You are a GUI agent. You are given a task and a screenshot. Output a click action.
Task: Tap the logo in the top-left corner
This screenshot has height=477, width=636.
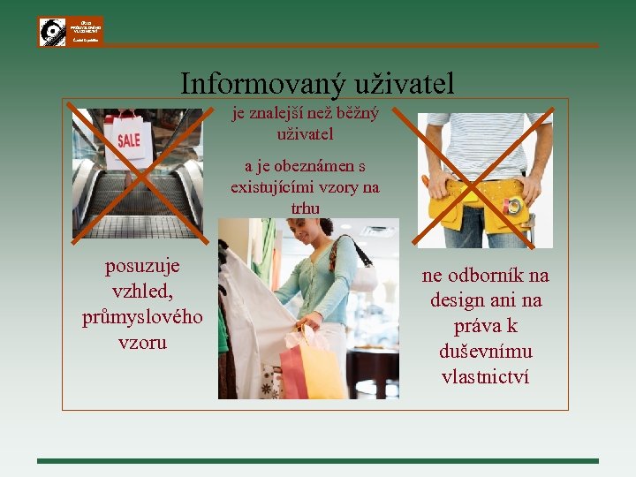click(71, 32)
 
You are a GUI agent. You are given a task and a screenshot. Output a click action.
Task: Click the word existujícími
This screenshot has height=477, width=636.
click(272, 187)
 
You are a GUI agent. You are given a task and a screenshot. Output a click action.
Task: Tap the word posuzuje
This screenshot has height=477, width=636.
click(142, 266)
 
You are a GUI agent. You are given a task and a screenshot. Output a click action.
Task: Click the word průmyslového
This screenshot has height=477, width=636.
click(142, 316)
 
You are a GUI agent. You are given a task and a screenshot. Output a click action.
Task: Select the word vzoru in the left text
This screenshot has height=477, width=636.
click(142, 342)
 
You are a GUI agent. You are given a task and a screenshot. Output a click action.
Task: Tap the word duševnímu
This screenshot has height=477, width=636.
click(485, 352)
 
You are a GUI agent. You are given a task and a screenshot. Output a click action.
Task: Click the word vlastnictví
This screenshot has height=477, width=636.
click(485, 376)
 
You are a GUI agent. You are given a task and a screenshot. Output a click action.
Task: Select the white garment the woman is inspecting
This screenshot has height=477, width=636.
click(256, 327)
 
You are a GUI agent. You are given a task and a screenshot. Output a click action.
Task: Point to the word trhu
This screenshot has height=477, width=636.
click(305, 208)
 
